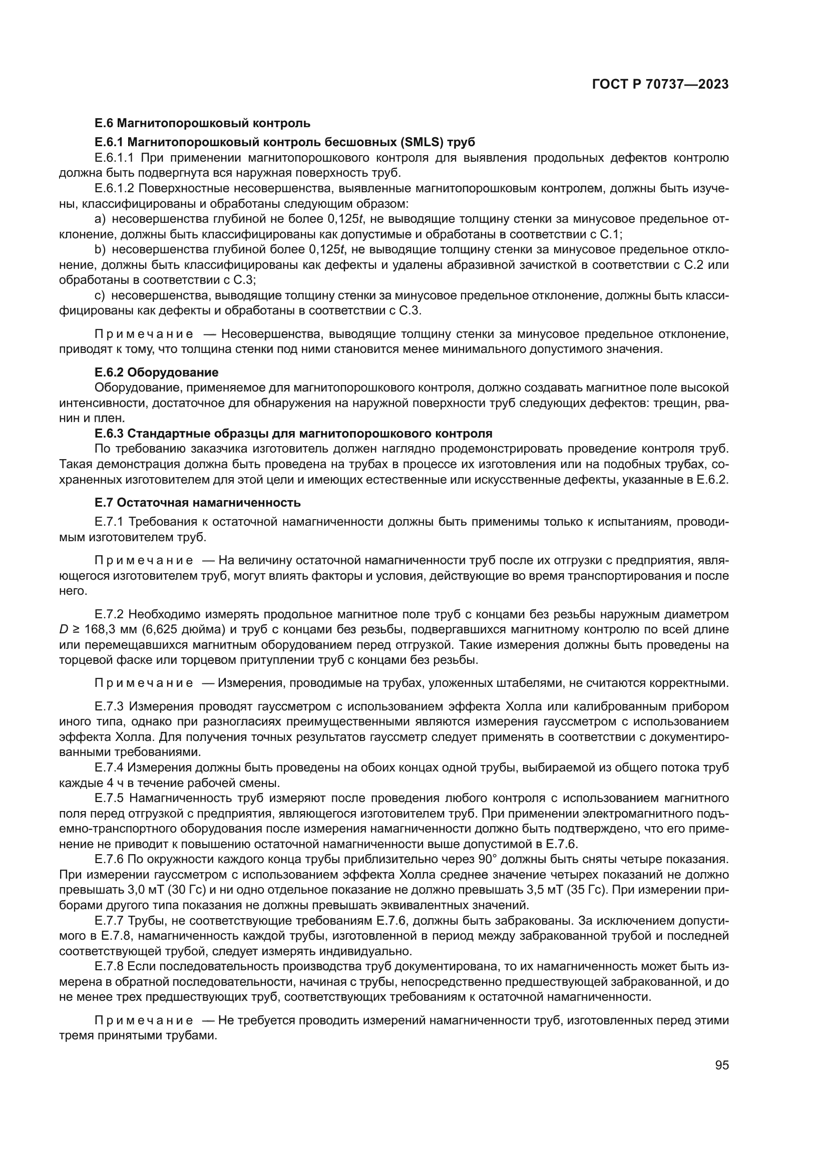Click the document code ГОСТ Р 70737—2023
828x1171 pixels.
(x=660, y=84)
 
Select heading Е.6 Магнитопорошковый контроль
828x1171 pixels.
(x=202, y=123)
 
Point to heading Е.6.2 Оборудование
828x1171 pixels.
(x=157, y=372)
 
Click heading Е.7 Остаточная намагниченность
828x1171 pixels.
(x=198, y=502)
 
